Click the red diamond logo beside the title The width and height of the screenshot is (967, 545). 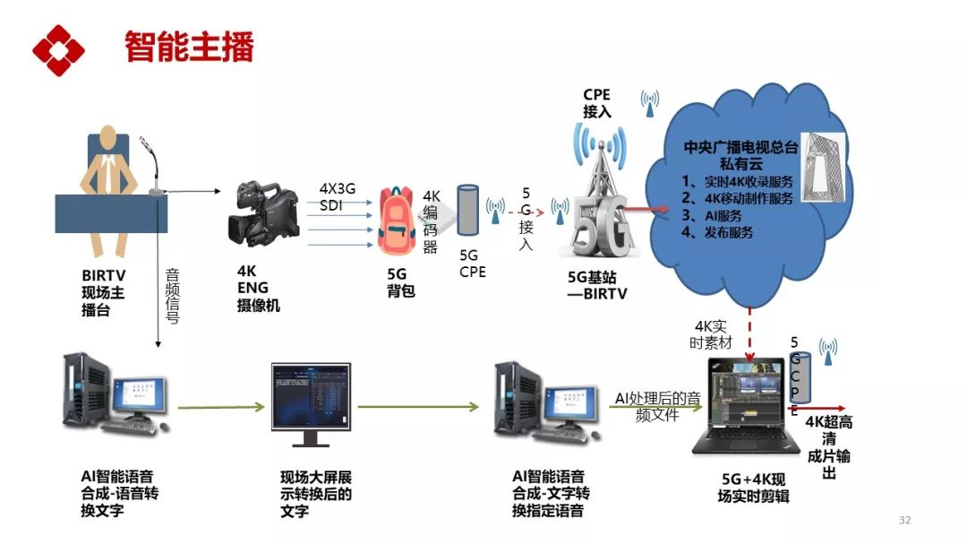click(58, 50)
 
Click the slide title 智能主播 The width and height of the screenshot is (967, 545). click(189, 47)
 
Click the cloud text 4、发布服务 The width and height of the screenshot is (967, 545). click(717, 232)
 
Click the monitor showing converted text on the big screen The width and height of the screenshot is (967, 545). click(311, 403)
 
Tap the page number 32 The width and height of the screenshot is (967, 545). click(904, 521)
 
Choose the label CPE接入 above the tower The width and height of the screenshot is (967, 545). click(596, 103)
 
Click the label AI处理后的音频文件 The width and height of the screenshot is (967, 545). click(657, 406)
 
